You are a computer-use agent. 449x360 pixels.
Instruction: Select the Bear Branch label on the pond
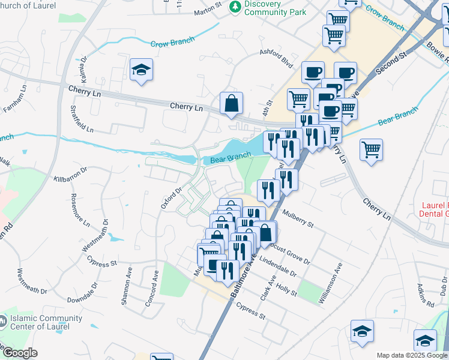231,157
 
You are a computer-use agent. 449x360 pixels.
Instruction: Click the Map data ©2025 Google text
412,355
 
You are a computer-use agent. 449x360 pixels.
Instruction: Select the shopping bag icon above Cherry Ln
231,103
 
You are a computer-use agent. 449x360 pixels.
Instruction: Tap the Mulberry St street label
298,218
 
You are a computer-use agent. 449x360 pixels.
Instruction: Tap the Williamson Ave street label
331,282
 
